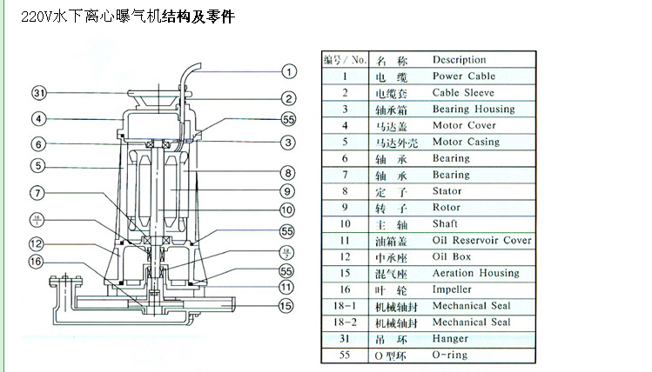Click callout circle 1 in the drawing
pos(289,72)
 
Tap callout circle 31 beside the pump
pos(39,92)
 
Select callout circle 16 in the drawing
pos(36,261)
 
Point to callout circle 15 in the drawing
pos(286,305)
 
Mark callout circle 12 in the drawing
pos(36,244)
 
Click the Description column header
pos(459,60)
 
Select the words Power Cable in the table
pos(464,76)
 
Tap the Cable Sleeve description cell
pos(463,93)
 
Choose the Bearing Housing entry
pos(474,110)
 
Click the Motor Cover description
pos(464,125)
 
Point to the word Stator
pos(447,191)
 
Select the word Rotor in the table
pos(447,208)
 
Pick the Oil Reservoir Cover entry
pos(481,240)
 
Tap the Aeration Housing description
pos(475,273)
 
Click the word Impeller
pos(452,289)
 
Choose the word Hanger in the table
pos(450,339)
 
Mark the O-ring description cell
pos(450,355)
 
